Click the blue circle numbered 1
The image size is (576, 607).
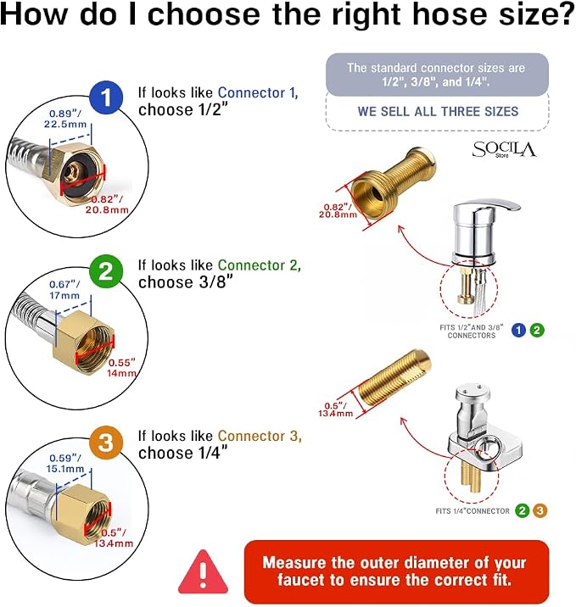tap(106, 97)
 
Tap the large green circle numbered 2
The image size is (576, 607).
tap(106, 271)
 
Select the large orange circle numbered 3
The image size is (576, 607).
tap(106, 443)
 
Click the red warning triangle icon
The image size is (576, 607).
tap(203, 573)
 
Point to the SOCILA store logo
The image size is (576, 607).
tap(504, 150)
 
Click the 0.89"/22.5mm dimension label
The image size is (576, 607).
tap(65, 119)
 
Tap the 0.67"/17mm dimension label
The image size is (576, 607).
tap(64, 290)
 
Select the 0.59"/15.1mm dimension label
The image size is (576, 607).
tap(65, 464)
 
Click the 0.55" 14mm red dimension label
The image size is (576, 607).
tap(122, 368)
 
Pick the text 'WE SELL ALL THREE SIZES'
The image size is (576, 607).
tap(438, 112)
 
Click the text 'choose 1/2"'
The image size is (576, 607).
tap(183, 110)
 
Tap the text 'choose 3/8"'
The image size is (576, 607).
tap(186, 282)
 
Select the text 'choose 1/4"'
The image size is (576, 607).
tap(183, 453)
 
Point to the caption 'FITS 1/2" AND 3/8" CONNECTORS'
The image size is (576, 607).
tap(472, 331)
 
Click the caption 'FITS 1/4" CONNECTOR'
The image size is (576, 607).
tap(473, 511)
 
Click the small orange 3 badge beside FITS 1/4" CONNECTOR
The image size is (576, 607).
tap(540, 510)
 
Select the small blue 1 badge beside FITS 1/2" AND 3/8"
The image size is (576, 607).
tap(518, 331)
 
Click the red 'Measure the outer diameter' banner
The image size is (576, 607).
tap(397, 571)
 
